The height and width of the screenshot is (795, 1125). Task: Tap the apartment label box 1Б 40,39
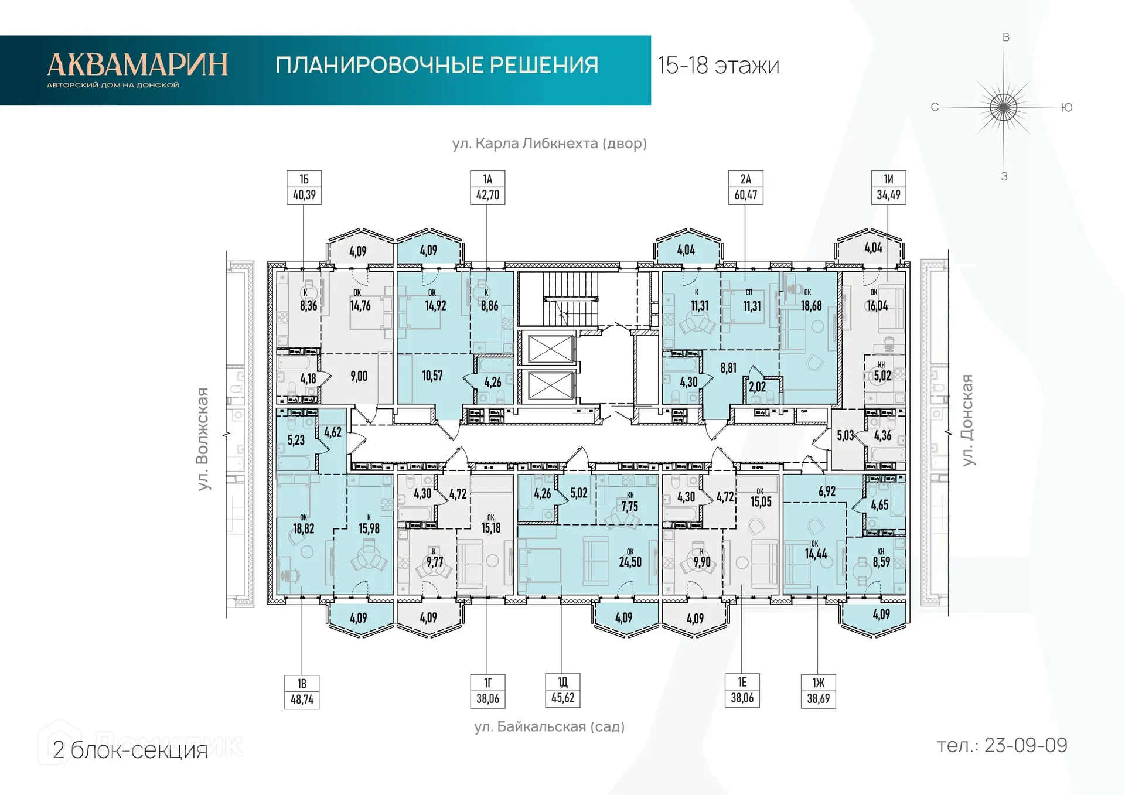point(304,187)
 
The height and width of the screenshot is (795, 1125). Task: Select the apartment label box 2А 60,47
point(745,187)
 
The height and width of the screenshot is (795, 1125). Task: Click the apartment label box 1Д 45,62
point(562,691)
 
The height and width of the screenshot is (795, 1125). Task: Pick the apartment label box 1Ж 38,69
point(818,691)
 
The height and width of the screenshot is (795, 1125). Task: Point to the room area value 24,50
point(630,561)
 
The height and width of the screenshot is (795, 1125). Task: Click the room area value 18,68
point(811,305)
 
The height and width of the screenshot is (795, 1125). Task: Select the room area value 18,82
point(304,528)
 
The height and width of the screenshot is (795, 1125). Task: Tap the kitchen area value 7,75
point(629,506)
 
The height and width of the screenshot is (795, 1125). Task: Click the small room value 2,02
point(757,387)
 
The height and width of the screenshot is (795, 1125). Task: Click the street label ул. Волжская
point(202,439)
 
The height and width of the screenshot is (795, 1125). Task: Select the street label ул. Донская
point(967,420)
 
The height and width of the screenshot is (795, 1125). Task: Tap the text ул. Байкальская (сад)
point(549,726)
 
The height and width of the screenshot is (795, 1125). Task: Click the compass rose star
point(1003,107)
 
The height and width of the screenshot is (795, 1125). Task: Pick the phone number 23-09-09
point(1025,745)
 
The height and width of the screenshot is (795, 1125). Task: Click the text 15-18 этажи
point(718,66)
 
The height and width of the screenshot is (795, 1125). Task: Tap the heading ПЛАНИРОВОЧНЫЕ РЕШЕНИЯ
point(437,65)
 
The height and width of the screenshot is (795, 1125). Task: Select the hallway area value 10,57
point(432,376)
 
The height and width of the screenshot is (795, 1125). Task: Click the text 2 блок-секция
point(130,750)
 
